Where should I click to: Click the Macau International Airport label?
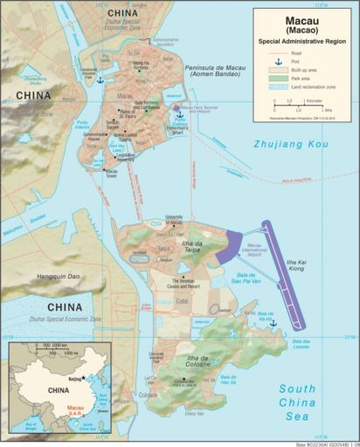tap(264, 251)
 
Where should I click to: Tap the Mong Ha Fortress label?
tap(141, 65)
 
